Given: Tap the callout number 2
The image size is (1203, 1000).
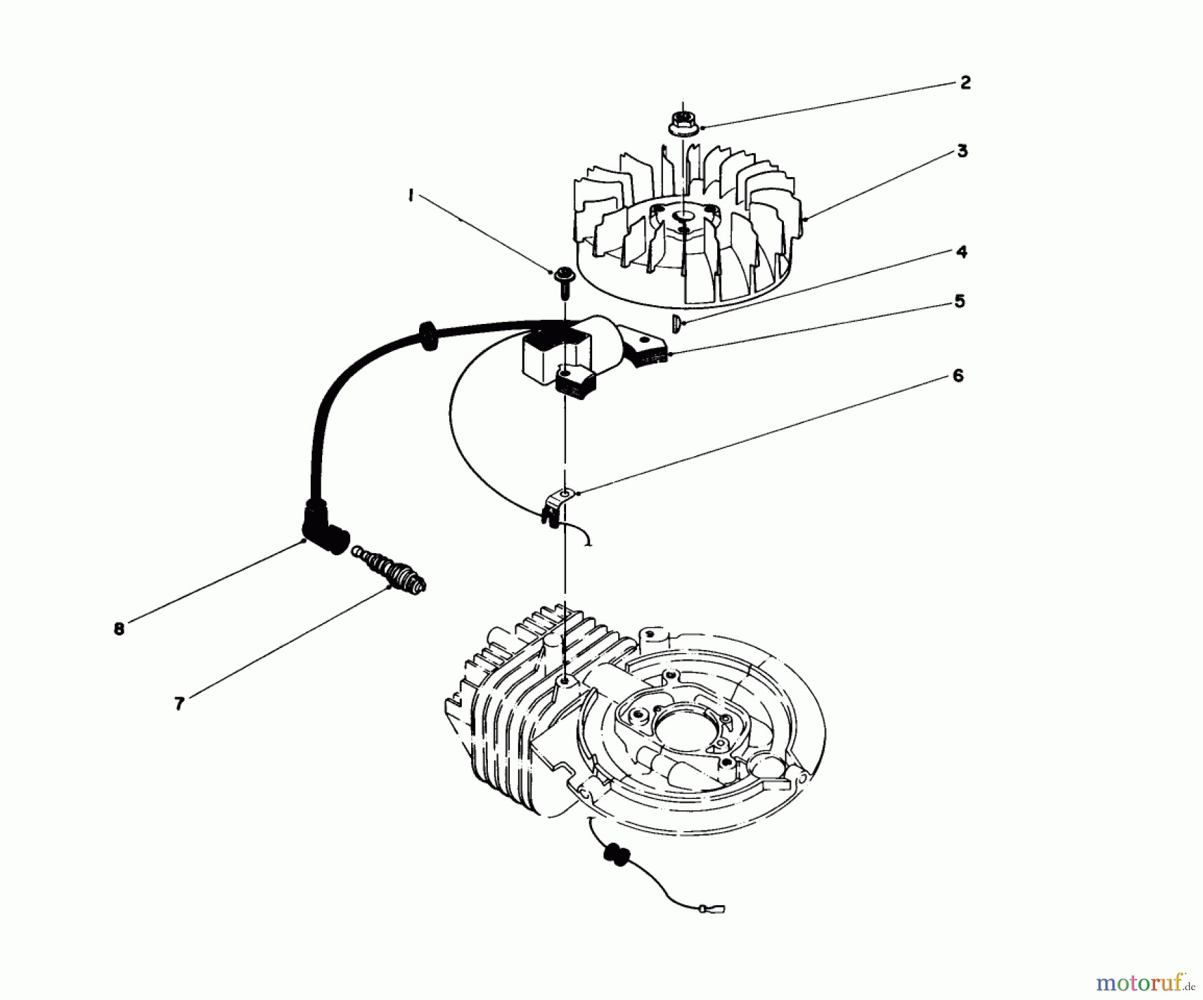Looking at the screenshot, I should pyautogui.click(x=964, y=83).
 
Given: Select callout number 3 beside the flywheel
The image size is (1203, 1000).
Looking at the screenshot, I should pyautogui.click(x=962, y=151).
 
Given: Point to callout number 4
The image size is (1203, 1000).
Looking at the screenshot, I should pyautogui.click(x=961, y=252).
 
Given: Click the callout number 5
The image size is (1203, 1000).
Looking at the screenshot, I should pyautogui.click(x=959, y=302).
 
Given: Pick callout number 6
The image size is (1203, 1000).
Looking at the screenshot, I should pyautogui.click(x=958, y=375).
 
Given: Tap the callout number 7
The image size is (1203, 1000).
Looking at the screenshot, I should pyautogui.click(x=179, y=703).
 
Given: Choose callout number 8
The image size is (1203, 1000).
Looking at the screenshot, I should pyautogui.click(x=119, y=629).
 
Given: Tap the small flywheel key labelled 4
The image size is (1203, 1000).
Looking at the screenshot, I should pyautogui.click(x=676, y=323).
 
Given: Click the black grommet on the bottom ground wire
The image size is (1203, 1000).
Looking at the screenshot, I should pyautogui.click(x=613, y=856).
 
